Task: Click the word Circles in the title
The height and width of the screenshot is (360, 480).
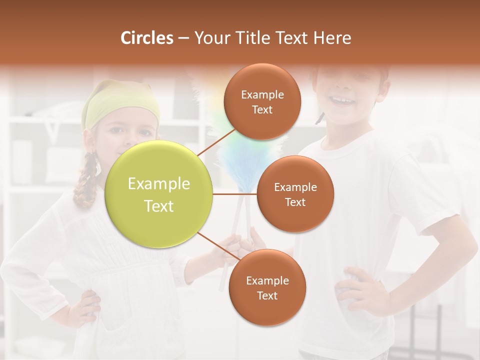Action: pyautogui.click(x=147, y=38)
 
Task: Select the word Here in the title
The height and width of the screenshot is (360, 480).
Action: pyautogui.click(x=332, y=38)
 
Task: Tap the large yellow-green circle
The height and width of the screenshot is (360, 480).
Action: pyautogui.click(x=159, y=194)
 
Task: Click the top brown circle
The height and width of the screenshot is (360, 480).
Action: pyautogui.click(x=262, y=102)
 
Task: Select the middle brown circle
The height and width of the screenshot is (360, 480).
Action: pyautogui.click(x=295, y=194)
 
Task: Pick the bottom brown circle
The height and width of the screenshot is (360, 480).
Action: pyautogui.click(x=267, y=287)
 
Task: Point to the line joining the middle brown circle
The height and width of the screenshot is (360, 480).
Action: pyautogui.click(x=235, y=194)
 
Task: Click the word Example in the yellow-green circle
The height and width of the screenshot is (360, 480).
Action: pyautogui.click(x=159, y=184)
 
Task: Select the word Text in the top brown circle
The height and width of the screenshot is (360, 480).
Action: pyautogui.click(x=262, y=110)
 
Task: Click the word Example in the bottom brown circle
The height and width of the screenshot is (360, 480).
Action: pyautogui.click(x=267, y=280)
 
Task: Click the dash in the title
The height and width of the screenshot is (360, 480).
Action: pyautogui.click(x=183, y=38)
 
